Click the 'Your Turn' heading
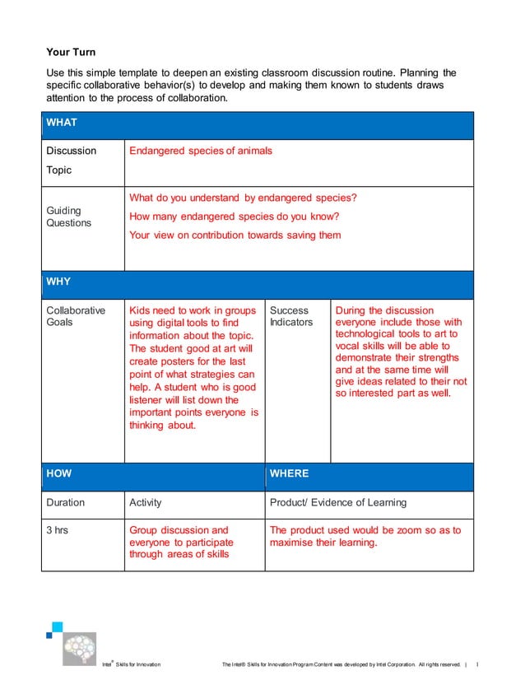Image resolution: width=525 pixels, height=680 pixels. click(x=71, y=52)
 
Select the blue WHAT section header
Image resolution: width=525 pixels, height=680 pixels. click(x=258, y=123)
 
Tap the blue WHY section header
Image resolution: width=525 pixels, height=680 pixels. click(x=258, y=282)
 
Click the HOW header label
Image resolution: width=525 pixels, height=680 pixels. click(x=59, y=473)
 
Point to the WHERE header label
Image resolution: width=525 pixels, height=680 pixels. click(x=289, y=473)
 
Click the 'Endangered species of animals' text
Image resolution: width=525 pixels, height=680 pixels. click(x=200, y=151)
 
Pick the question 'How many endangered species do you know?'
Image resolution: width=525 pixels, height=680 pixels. click(x=234, y=217)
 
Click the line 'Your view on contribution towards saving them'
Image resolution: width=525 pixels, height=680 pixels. click(x=235, y=235)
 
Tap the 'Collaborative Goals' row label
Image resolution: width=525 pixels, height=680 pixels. click(x=76, y=316)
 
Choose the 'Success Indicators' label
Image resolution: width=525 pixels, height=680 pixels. click(x=291, y=316)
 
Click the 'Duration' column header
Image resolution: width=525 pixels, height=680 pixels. click(x=65, y=502)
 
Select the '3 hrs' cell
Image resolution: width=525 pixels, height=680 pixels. click(x=57, y=530)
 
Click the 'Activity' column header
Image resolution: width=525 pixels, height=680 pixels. click(x=146, y=502)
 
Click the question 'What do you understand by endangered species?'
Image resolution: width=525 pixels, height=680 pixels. click(x=243, y=198)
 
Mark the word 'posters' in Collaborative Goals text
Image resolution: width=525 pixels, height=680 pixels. click(x=179, y=361)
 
